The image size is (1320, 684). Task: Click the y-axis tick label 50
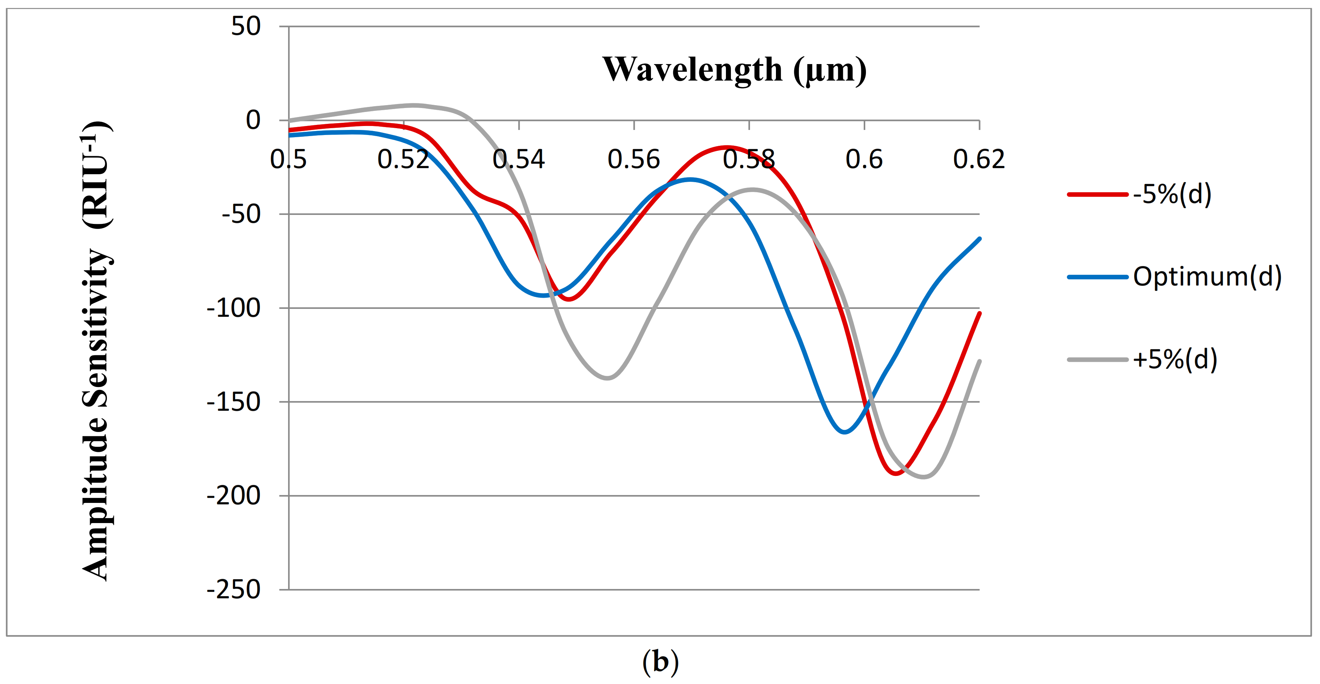[x=246, y=26]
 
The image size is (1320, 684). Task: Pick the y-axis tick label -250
[x=233, y=590]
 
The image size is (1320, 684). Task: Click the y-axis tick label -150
[x=233, y=402]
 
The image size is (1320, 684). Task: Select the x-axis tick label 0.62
[x=978, y=159]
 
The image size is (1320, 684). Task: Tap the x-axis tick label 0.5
[x=288, y=159]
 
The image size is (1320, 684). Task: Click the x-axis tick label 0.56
[x=633, y=159]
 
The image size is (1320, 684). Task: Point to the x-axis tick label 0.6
[x=864, y=159]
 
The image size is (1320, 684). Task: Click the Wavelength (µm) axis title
[x=734, y=70]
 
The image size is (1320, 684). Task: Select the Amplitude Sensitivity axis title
[x=96, y=351]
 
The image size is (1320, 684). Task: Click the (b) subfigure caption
[x=660, y=662]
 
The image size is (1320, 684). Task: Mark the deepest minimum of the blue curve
[x=844, y=432]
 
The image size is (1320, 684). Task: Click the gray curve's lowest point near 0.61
[x=924, y=477]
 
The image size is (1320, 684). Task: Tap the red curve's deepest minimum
[x=896, y=473]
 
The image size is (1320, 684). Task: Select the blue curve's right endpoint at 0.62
[x=979, y=239]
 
